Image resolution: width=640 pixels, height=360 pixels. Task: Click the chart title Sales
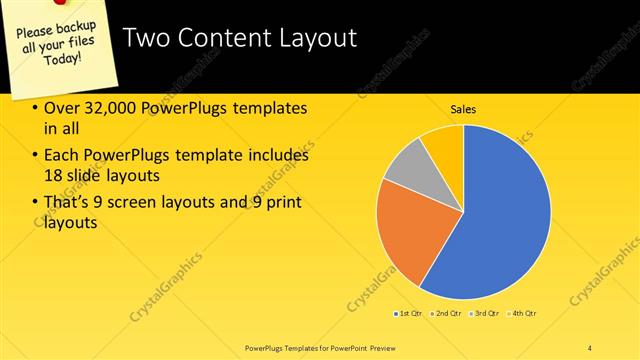[463, 109]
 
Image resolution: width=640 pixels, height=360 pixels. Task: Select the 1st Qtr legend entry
[407, 314]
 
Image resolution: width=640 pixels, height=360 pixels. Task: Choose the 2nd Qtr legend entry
[444, 314]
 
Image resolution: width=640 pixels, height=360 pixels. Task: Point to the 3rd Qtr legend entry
[482, 314]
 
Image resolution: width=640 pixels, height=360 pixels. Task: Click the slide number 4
[590, 346]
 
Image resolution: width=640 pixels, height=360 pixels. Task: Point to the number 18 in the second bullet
[55, 174]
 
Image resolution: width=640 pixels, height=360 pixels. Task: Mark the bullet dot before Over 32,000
[36, 108]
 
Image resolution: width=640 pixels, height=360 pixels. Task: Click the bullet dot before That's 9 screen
[36, 203]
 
